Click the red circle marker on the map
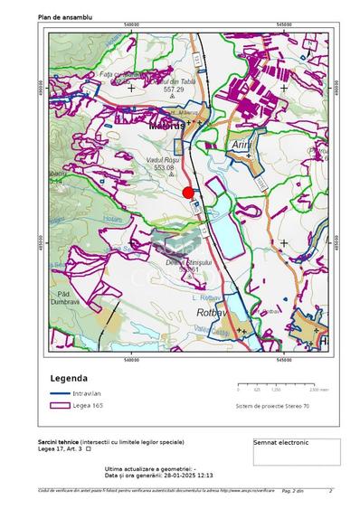pos(188,193)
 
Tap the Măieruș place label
pos(166,125)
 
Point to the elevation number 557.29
pos(174,90)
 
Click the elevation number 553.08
pos(164,168)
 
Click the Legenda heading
pos(69,378)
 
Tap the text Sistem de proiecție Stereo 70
pos(271,407)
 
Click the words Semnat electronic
pos(281,443)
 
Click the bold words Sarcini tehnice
pos(58,441)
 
